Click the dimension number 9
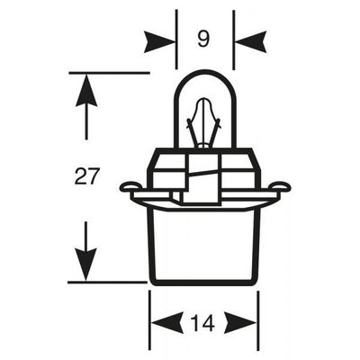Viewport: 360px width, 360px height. click(x=203, y=40)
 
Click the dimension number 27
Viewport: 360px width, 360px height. click(x=86, y=176)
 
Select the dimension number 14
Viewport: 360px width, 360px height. click(x=203, y=323)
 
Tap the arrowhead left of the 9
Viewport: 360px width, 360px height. click(x=159, y=41)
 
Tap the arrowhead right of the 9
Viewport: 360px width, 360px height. click(x=250, y=41)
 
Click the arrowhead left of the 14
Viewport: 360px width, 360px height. click(x=166, y=323)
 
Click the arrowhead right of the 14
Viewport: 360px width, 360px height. click(x=241, y=323)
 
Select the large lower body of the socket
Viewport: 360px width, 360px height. click(x=203, y=246)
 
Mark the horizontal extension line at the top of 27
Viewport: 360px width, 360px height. click(x=109, y=73)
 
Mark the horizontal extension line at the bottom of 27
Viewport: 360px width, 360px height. click(x=107, y=283)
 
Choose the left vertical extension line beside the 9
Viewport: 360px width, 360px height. click(x=176, y=40)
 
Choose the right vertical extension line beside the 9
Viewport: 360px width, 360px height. click(x=234, y=40)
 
